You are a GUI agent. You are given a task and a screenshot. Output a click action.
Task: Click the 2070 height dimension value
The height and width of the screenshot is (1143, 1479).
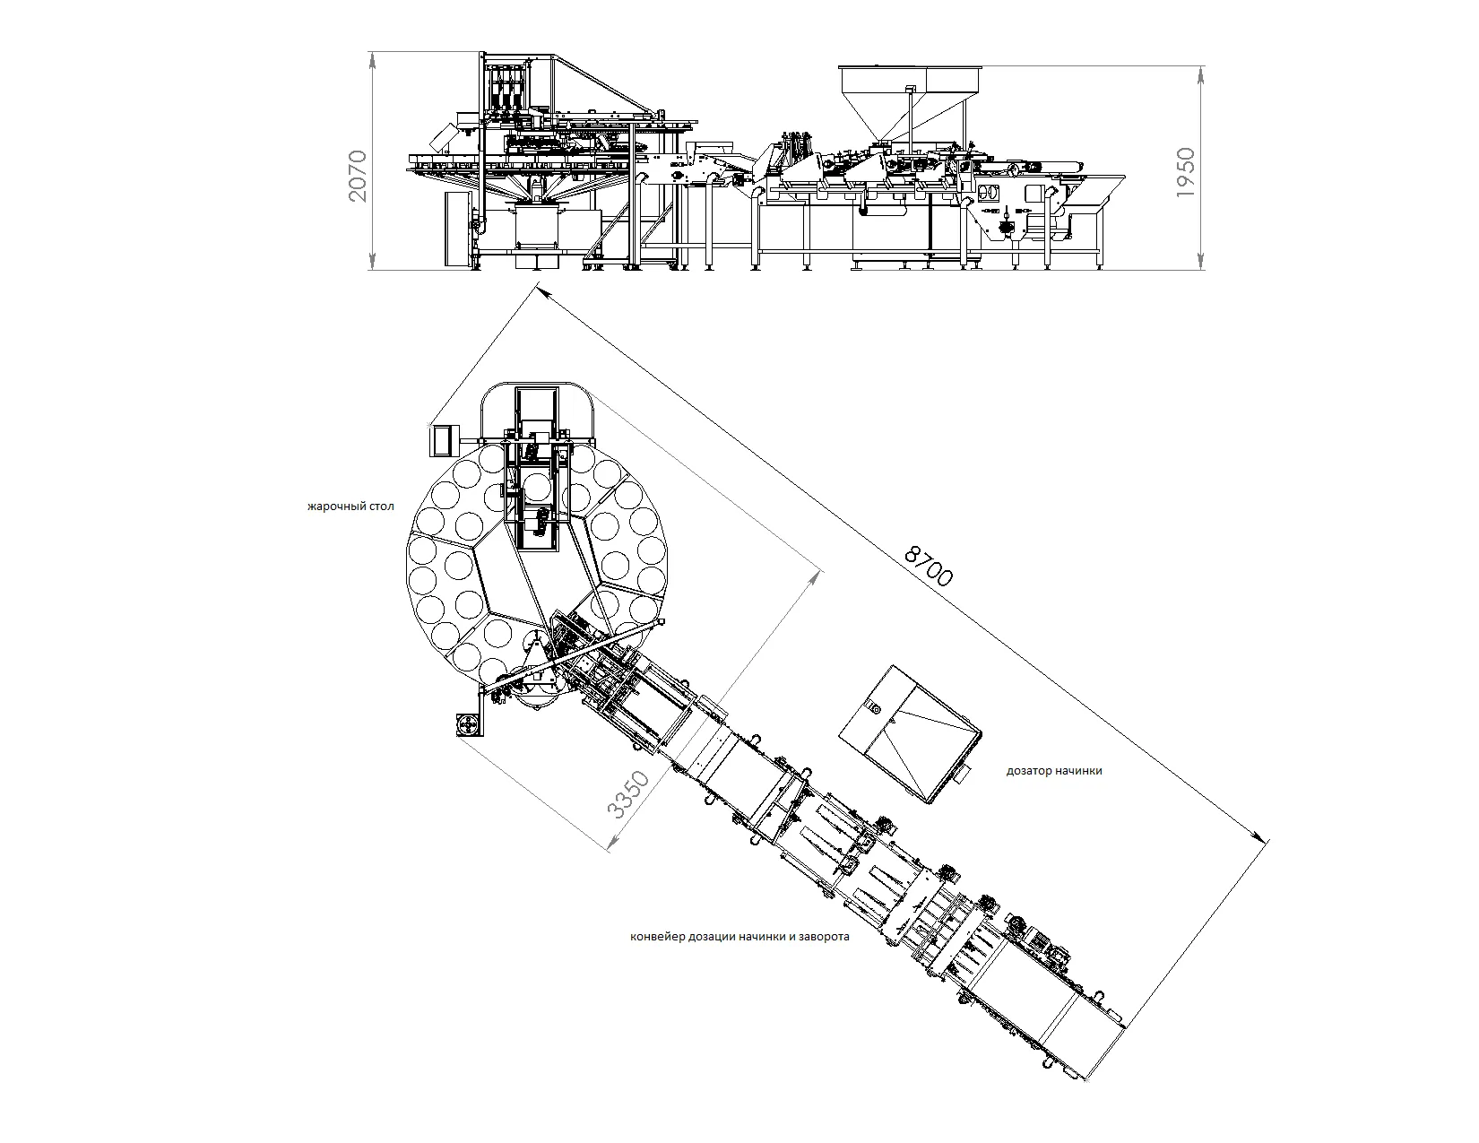click(358, 177)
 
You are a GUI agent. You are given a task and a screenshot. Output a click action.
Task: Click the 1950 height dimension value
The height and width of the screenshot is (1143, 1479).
click(1186, 173)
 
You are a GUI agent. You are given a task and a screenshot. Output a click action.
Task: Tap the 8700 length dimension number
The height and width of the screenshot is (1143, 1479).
click(929, 566)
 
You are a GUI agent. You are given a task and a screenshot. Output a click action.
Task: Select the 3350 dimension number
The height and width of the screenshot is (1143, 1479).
click(628, 794)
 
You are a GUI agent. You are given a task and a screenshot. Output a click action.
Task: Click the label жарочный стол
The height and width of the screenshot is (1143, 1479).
click(350, 507)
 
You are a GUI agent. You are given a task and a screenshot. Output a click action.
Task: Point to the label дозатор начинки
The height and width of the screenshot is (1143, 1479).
click(1054, 771)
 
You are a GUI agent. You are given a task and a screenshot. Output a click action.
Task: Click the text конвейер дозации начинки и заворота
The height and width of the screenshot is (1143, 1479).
click(739, 936)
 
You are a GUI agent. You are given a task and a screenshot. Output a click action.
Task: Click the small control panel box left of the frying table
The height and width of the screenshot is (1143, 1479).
click(444, 440)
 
